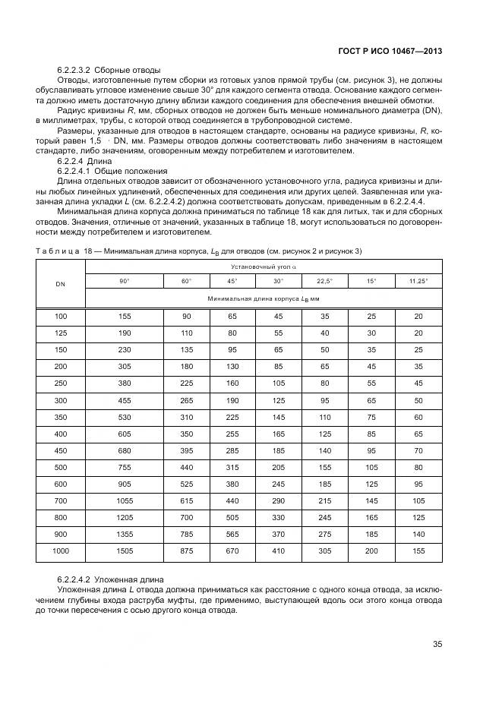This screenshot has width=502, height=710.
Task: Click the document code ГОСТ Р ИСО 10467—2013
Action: [390, 51]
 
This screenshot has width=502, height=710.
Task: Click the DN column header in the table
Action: [60, 284]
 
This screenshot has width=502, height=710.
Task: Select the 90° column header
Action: [124, 281]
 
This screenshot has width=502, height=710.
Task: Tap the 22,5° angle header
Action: [325, 281]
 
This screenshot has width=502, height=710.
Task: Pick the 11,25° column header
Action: [418, 281]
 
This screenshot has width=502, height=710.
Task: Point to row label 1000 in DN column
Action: [60, 550]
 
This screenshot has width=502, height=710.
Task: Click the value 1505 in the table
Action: [124, 550]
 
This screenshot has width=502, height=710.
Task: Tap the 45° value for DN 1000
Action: [232, 550]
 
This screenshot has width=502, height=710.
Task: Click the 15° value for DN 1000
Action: [371, 550]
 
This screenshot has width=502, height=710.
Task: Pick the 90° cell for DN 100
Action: [124, 315]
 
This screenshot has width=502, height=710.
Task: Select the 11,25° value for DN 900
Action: [418, 533]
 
